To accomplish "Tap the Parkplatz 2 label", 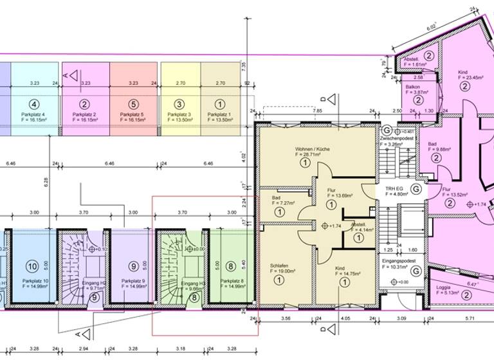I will click(84, 114).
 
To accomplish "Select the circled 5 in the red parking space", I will click(133, 104).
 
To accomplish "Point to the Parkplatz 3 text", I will click(179, 114).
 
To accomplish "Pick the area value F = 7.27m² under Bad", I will click(282, 203).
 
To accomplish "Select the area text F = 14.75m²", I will click(351, 273).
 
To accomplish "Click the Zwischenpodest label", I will click(396, 138).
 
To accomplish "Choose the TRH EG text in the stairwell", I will click(393, 189).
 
